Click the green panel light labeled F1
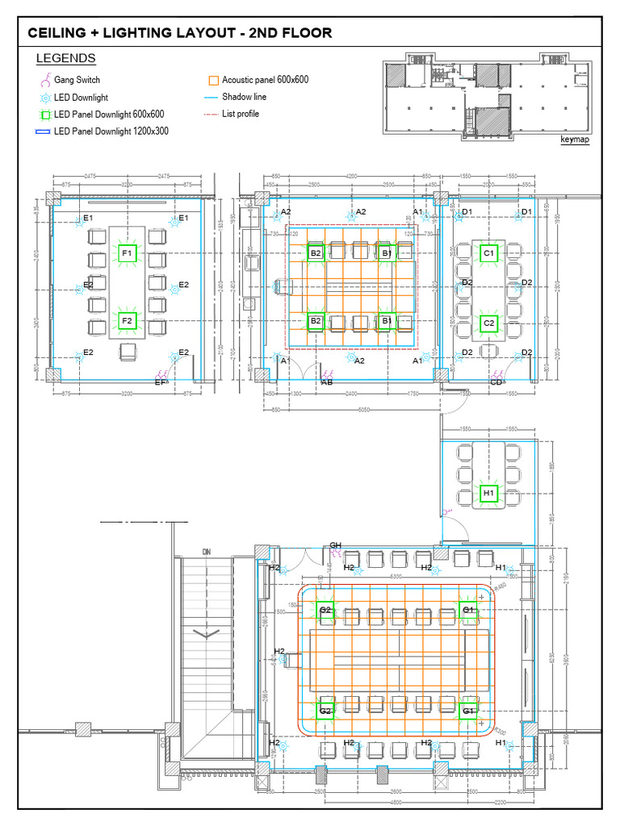pos(127,254)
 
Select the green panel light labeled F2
pos(127,321)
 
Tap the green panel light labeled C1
pos(488,253)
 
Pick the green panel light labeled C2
pos(488,323)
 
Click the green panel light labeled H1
pos(488,492)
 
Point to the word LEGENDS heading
pos(66,59)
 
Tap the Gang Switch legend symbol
pos(45,80)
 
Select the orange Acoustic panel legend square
pos(213,81)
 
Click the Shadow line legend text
pos(245,97)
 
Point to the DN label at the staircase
pos(207,552)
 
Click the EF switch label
pos(161,383)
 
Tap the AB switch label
pos(327,383)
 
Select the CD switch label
pos(496,383)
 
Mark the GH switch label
pos(335,546)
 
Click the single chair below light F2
pos(128,352)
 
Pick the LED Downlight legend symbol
pos(45,97)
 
